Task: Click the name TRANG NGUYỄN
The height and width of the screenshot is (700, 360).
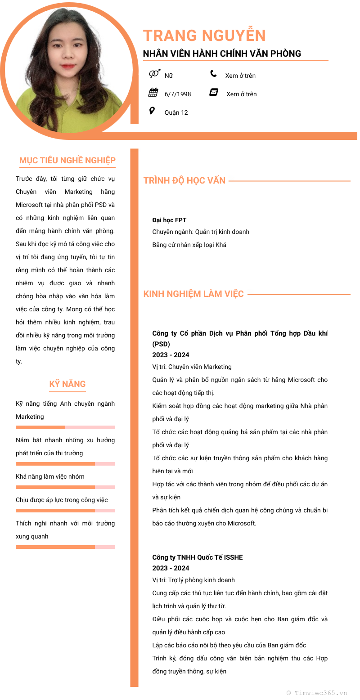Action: (204, 36)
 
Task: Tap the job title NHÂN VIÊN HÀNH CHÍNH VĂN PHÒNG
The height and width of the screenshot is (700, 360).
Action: (222, 54)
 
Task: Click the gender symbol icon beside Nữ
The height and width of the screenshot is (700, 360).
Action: (154, 74)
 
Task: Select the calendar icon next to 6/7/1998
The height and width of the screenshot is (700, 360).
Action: (153, 93)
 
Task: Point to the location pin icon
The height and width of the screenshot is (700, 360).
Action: (152, 111)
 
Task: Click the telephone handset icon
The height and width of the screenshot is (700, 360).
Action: (213, 74)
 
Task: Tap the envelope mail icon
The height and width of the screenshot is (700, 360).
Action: (214, 92)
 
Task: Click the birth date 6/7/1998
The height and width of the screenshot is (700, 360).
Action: (178, 94)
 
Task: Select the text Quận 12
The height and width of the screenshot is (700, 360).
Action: (176, 112)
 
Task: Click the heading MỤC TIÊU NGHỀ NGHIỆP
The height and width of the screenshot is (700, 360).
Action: (67, 161)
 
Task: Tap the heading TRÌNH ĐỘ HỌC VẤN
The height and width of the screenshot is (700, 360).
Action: (184, 180)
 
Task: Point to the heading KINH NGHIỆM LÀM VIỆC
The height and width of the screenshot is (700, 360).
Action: (193, 294)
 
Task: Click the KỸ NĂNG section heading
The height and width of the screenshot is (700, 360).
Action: (67, 384)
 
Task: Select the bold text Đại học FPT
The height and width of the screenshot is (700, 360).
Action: (169, 220)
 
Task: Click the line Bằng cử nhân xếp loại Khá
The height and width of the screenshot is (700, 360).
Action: (189, 245)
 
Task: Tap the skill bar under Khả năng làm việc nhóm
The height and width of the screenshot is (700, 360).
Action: (65, 487)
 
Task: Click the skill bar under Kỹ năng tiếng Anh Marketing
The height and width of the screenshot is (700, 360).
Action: (65, 427)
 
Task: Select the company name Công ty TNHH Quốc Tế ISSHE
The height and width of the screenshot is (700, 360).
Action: (198, 557)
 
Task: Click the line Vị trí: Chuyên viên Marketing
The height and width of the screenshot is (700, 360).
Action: (192, 367)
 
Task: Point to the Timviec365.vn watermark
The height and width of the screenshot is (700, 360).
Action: (317, 693)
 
